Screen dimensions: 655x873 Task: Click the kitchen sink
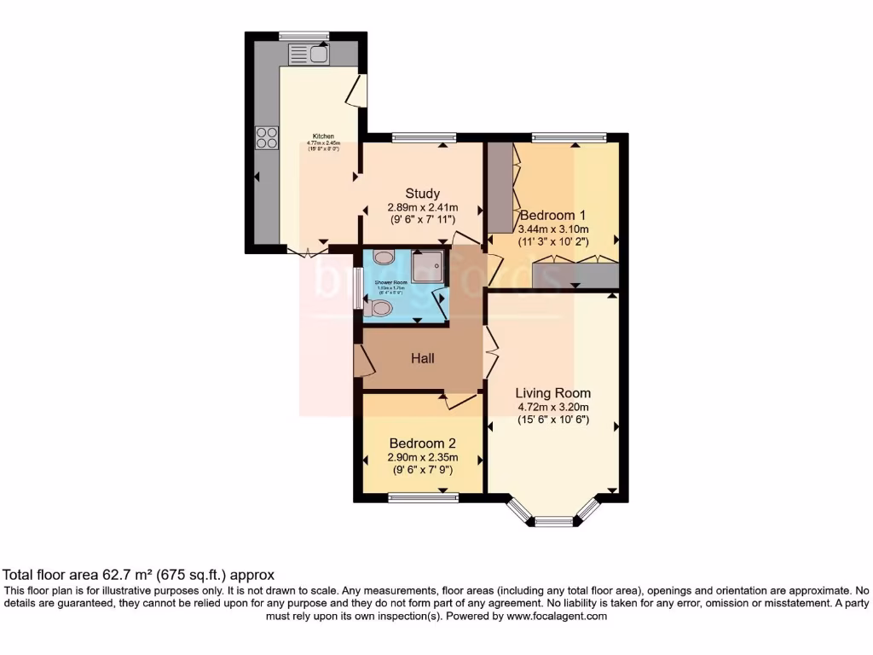[x=309, y=55]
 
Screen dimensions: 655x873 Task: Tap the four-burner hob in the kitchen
[x=266, y=137]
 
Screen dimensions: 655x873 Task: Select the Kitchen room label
[x=323, y=136]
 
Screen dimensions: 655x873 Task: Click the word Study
[x=422, y=193]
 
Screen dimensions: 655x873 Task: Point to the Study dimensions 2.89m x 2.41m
[x=423, y=207]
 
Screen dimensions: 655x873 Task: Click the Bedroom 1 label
[x=553, y=215]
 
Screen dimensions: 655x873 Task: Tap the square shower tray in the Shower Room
[x=428, y=267]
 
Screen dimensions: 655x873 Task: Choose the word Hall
[x=423, y=358]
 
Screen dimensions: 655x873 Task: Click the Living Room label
[x=552, y=393]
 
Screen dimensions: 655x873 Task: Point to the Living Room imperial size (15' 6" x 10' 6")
[x=553, y=420]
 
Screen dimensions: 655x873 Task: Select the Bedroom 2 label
[x=422, y=443]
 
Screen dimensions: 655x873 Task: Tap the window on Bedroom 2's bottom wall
[x=423, y=497]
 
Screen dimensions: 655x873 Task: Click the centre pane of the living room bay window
[x=553, y=521]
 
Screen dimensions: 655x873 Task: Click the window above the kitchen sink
[x=304, y=36]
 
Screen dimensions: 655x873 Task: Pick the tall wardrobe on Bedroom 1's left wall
[x=500, y=188]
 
